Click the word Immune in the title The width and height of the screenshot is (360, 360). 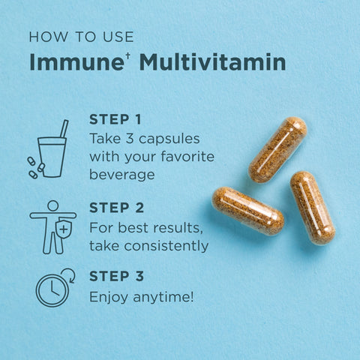coord(76,61)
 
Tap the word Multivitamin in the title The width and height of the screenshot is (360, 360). coord(213,61)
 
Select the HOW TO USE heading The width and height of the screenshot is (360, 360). coord(82,37)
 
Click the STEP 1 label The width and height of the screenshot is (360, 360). coord(115,119)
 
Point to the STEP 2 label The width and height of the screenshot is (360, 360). coord(117,208)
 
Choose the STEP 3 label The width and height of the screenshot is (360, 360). coord(117,276)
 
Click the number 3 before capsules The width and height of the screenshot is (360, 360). coord(130,139)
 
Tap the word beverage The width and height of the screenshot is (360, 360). coord(122,174)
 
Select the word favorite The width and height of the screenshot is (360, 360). coord(187,157)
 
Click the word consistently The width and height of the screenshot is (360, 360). coord(166,246)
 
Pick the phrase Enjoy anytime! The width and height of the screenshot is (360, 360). coord(142,297)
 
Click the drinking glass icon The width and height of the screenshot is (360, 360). coord(52,157)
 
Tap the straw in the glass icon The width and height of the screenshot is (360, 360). coord(64,128)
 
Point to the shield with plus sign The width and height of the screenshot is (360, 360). coord(64,229)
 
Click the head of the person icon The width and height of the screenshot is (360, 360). coord(52,205)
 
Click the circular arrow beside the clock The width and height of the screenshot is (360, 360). coord(70,275)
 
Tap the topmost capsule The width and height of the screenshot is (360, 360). coord(277,150)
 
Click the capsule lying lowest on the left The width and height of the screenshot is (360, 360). coord(248,211)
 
